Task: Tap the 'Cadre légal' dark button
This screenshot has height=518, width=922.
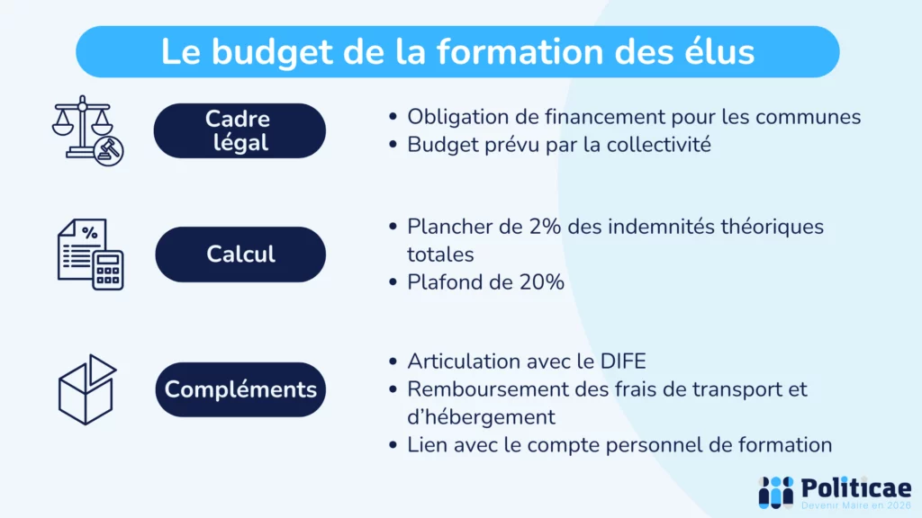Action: [x=239, y=130]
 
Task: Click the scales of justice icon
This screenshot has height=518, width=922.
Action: [x=87, y=129]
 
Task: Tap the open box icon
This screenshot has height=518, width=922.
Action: [x=87, y=388]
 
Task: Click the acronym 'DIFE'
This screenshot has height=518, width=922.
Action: [x=620, y=362]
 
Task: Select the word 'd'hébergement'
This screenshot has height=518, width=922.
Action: [x=481, y=417]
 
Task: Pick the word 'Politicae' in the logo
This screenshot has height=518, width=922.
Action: [x=854, y=487]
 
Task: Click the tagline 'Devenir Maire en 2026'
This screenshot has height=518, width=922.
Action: [x=855, y=506]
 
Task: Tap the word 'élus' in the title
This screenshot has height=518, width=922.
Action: [x=717, y=52]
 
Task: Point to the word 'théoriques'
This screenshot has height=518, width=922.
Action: [x=772, y=227]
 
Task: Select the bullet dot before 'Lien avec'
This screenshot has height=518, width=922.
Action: [x=393, y=445]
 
